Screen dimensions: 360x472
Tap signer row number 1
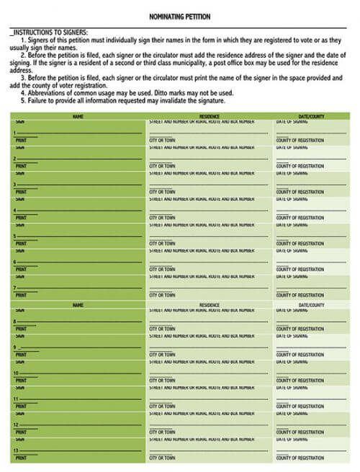coord(15,133)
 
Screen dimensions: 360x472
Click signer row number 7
coord(15,288)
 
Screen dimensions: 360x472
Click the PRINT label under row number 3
coord(20,192)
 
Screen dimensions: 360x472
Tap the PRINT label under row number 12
coord(20,432)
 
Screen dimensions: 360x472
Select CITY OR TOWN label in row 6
coord(162,269)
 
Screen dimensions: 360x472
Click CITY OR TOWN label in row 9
coord(162,354)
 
